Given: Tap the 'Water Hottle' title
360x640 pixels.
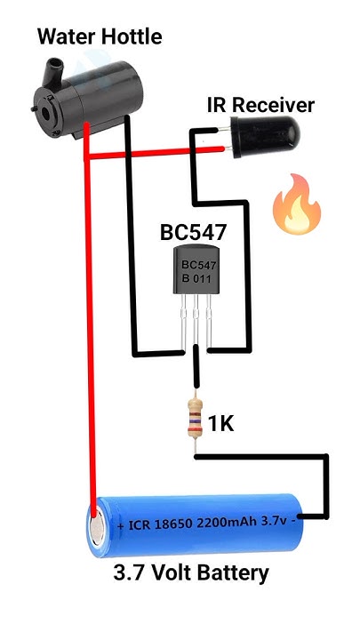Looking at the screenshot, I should click(x=100, y=36).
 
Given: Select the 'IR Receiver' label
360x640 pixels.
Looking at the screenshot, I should click(x=260, y=105).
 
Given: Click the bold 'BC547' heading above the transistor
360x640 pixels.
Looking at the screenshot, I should click(x=193, y=233).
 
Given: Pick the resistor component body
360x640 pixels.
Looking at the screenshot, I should click(x=195, y=420).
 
